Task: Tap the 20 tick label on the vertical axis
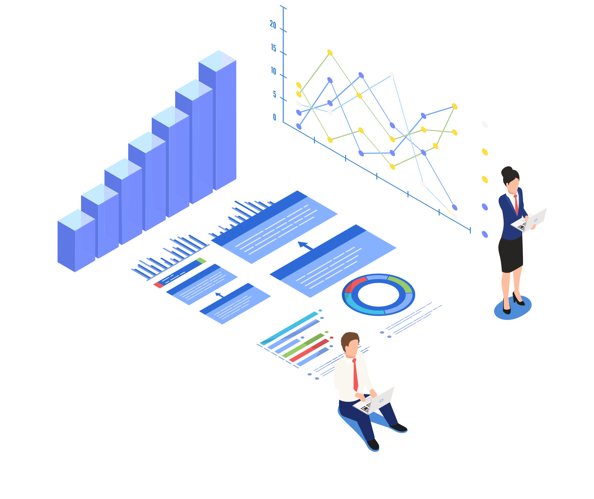coord(273,25)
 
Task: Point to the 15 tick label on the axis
coord(274,48)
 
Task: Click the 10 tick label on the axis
coord(274,71)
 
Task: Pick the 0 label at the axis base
coord(274,117)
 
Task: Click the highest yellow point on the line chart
coord(330,53)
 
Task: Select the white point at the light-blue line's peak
coord(392,75)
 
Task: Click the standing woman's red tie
coord(516,204)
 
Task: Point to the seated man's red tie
coord(355,375)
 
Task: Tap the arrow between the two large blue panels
coord(305,245)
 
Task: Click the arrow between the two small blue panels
coord(218,295)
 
